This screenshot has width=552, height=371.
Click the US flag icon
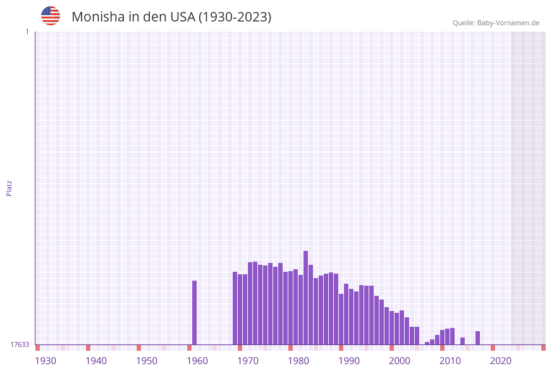[x=51, y=16]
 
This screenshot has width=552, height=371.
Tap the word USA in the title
[x=183, y=17]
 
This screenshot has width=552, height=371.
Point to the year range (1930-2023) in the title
[x=235, y=17]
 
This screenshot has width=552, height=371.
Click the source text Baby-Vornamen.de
[x=508, y=23]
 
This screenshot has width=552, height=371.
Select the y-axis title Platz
[x=9, y=188]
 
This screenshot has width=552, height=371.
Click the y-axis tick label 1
[x=27, y=32]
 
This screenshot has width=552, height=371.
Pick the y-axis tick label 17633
[x=20, y=344]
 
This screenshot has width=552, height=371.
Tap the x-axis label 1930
[x=46, y=361]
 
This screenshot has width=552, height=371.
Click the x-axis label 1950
[x=147, y=361]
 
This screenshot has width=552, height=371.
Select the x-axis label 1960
[x=197, y=361]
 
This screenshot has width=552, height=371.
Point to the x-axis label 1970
[x=248, y=361]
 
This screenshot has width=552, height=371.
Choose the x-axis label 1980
[x=298, y=361]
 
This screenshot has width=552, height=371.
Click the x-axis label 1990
[x=349, y=361]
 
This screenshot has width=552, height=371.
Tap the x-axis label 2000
[x=400, y=361]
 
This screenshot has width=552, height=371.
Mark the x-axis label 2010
[x=450, y=361]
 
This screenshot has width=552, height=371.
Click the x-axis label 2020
[x=501, y=361]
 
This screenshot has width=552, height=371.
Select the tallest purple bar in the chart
[x=305, y=297]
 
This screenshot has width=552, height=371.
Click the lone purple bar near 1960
[x=194, y=312]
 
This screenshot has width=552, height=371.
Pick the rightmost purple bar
[x=477, y=338]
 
